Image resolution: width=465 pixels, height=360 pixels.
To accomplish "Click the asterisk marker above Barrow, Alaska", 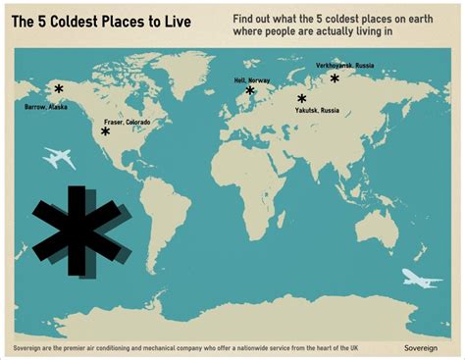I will coord(59,88).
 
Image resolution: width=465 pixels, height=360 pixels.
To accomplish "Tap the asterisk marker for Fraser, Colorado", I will coord(105,130).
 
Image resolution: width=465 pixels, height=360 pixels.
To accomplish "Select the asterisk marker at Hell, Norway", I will coord(250,91).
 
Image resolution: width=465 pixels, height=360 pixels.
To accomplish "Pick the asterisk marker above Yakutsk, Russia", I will coord(302,99).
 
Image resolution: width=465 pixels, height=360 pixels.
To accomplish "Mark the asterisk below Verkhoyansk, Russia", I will coord(335,77).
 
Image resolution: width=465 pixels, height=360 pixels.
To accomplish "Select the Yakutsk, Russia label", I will coord(317,111).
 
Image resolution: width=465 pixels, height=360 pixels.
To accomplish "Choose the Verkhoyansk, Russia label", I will coord(342,66).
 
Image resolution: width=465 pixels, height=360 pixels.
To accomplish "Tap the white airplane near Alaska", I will coord(60,157).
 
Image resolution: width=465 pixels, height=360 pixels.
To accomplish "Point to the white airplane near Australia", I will coord(422,282).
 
